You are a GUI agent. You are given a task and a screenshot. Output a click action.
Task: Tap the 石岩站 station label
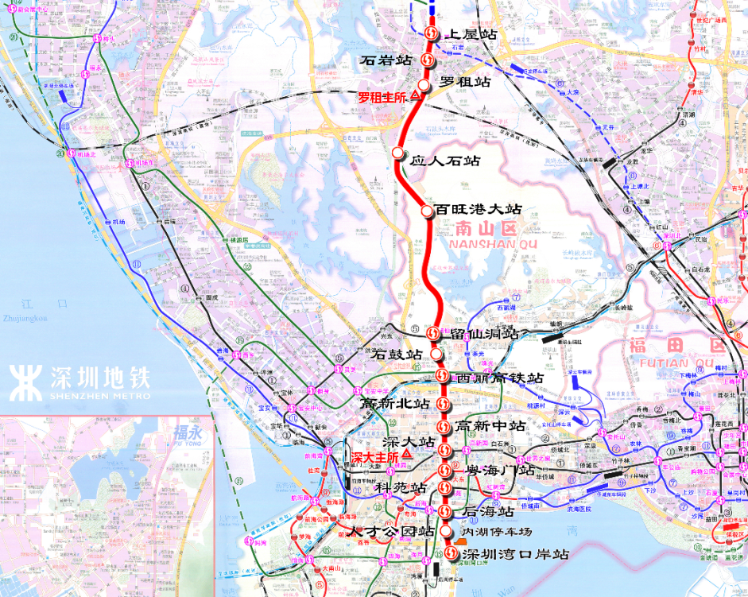point(386,60)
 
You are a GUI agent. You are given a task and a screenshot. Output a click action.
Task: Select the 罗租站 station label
point(465,82)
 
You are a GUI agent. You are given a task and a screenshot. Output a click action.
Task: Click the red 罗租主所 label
point(382,98)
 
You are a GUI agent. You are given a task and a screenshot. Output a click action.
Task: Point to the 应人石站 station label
point(445,161)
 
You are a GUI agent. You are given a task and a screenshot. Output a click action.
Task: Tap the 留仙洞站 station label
point(484,335)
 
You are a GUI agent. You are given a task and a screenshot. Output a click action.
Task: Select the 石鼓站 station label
point(397,354)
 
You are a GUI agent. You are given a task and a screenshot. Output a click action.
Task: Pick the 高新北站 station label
point(395,404)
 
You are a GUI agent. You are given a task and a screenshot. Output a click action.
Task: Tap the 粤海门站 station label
point(501,471)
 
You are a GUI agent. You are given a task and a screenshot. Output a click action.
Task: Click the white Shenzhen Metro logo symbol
point(26,382)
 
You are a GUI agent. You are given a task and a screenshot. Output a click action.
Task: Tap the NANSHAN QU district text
point(493,244)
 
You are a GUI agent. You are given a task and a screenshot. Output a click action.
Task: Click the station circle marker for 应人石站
point(398,153)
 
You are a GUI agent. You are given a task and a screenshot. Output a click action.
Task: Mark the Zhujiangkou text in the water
point(25,318)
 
